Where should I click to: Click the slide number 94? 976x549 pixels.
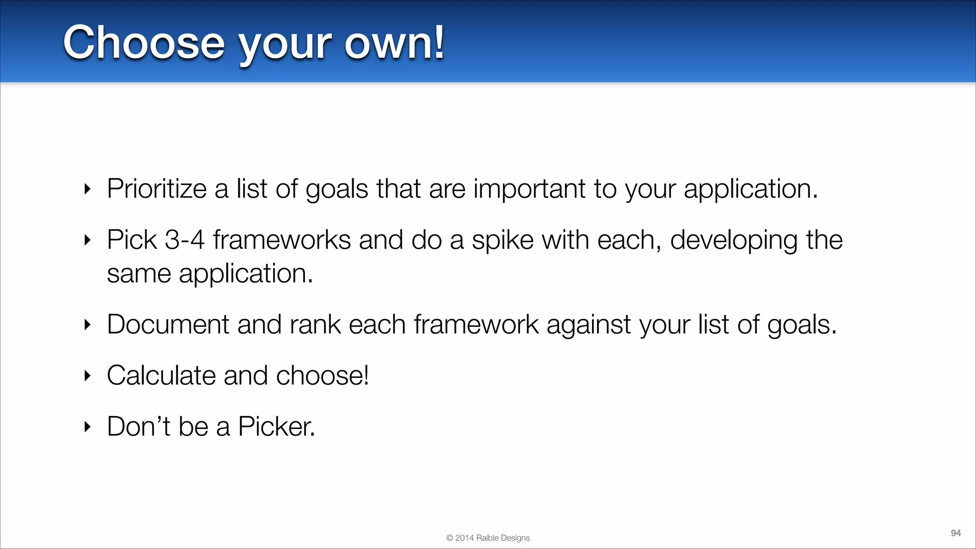click(x=956, y=533)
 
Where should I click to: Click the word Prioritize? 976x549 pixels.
click(x=156, y=189)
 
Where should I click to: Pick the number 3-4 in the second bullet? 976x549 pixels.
click(x=184, y=240)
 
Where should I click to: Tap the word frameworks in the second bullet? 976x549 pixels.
click(x=282, y=240)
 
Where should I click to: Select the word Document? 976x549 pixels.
click(x=168, y=325)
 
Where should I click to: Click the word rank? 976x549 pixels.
click(x=315, y=325)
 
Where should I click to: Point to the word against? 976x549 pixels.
click(x=589, y=325)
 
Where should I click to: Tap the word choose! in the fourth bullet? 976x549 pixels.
click(x=322, y=376)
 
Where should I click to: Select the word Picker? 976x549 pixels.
click(x=276, y=427)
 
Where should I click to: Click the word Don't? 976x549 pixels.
click(x=138, y=427)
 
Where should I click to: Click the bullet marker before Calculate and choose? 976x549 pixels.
click(x=87, y=376)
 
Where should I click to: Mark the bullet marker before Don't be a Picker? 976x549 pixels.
click(x=87, y=427)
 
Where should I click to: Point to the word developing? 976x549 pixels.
click(x=733, y=240)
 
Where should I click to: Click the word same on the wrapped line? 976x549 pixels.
click(x=139, y=274)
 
